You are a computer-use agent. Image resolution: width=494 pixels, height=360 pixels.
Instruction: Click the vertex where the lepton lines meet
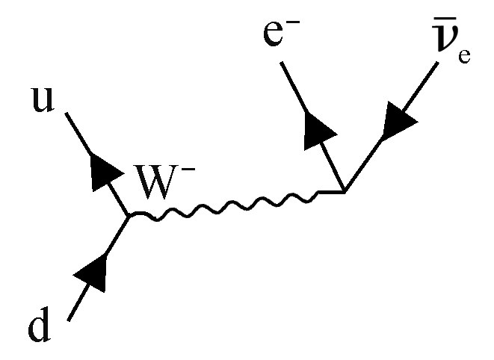coord(345,193)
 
